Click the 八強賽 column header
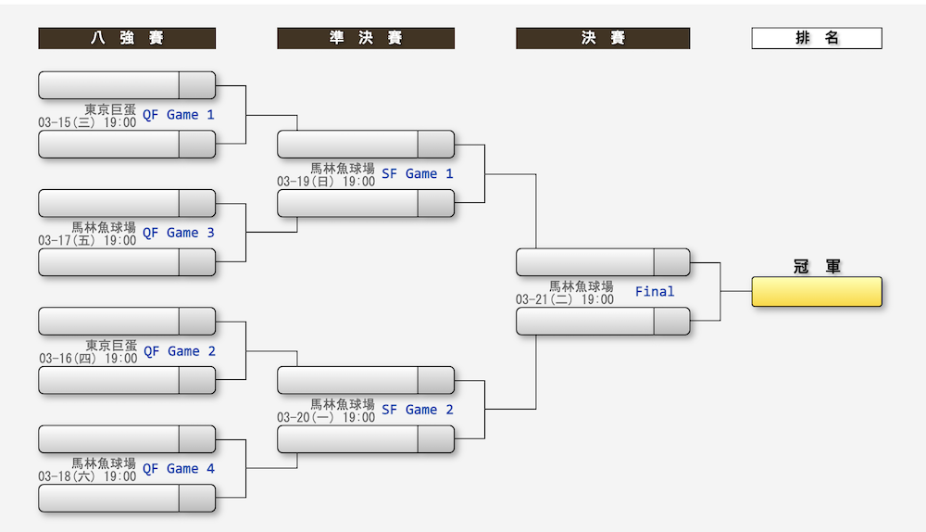point(127,38)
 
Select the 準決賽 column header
point(366,38)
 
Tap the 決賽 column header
point(603,38)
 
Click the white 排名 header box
point(817,38)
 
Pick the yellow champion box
point(817,291)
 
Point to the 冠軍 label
point(817,267)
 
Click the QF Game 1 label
point(179,115)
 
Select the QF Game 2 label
point(179,351)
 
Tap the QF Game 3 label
point(179,233)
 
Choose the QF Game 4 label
point(179,469)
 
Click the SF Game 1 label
point(418,173)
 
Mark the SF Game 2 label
point(418,410)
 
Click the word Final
point(655,292)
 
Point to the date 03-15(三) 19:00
point(87,122)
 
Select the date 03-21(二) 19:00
point(565,299)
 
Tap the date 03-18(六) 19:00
point(87,476)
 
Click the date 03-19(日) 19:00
point(326,182)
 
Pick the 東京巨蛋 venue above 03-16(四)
point(111,345)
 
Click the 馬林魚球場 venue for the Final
point(582,286)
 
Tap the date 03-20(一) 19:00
point(326,417)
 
